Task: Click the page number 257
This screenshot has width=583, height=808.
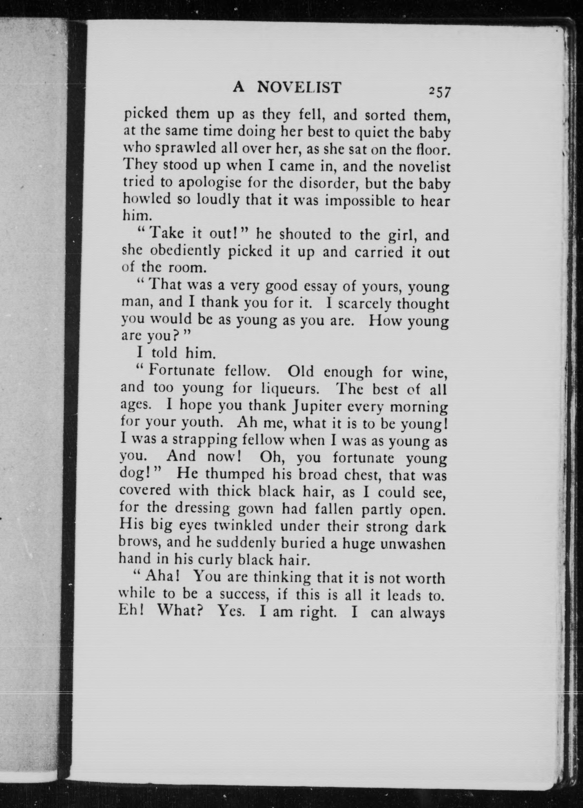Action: [440, 92]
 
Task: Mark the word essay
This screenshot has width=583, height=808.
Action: [321, 286]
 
